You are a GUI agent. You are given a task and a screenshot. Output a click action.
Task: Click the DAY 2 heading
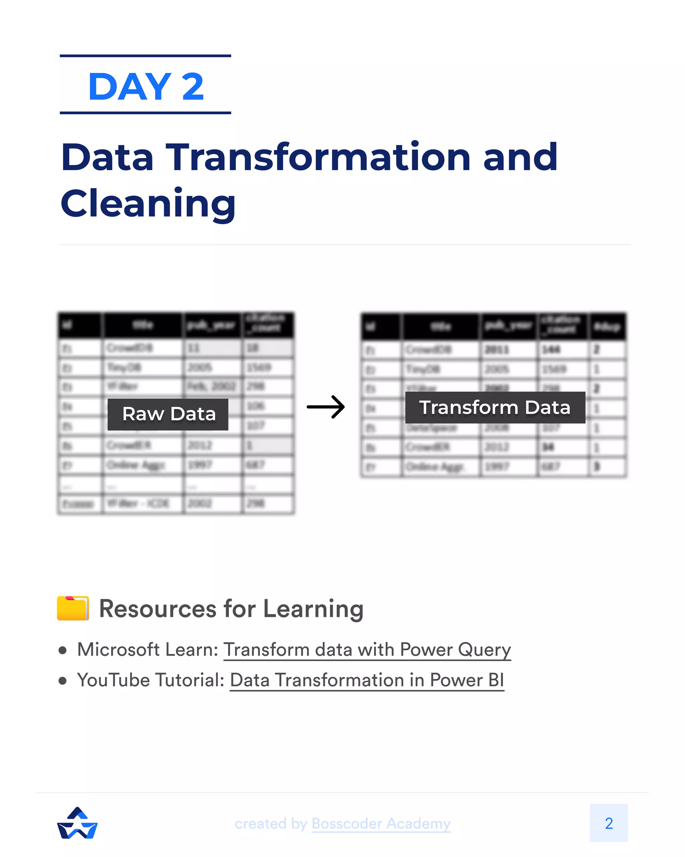tap(145, 86)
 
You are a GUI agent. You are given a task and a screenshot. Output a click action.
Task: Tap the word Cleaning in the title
tap(148, 204)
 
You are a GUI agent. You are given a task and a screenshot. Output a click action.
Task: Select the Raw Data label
tap(168, 414)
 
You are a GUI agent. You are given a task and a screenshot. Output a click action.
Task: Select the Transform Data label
tap(495, 407)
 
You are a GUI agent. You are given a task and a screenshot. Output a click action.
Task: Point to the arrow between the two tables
tap(326, 407)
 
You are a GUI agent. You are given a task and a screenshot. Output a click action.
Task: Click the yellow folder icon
tap(73, 608)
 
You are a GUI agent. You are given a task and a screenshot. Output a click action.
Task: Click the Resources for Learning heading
tap(231, 609)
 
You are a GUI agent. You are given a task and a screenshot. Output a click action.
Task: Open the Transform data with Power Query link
tap(367, 650)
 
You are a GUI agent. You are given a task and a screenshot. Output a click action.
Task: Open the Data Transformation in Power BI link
tap(367, 680)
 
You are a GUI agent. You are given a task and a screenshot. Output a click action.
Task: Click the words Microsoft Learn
tap(147, 650)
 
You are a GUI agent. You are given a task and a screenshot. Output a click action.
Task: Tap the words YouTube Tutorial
tap(151, 680)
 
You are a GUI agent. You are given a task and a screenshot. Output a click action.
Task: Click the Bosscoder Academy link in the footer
tap(381, 823)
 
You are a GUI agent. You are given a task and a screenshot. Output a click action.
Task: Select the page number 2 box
tap(608, 823)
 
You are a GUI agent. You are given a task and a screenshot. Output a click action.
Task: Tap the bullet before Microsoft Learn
tap(62, 651)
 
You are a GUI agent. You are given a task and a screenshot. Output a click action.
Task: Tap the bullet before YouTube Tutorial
tap(62, 681)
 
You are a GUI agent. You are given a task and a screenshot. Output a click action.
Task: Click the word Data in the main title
tap(107, 157)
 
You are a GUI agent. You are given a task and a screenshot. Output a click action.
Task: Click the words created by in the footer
tap(271, 823)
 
